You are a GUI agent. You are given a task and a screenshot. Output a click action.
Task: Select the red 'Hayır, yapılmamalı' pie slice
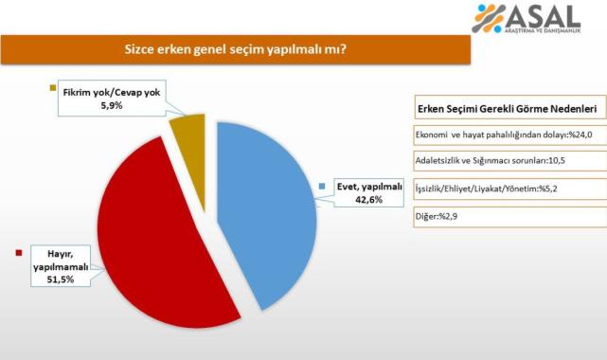[x=161, y=237]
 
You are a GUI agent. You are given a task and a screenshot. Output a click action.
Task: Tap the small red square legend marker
[x=18, y=252]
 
